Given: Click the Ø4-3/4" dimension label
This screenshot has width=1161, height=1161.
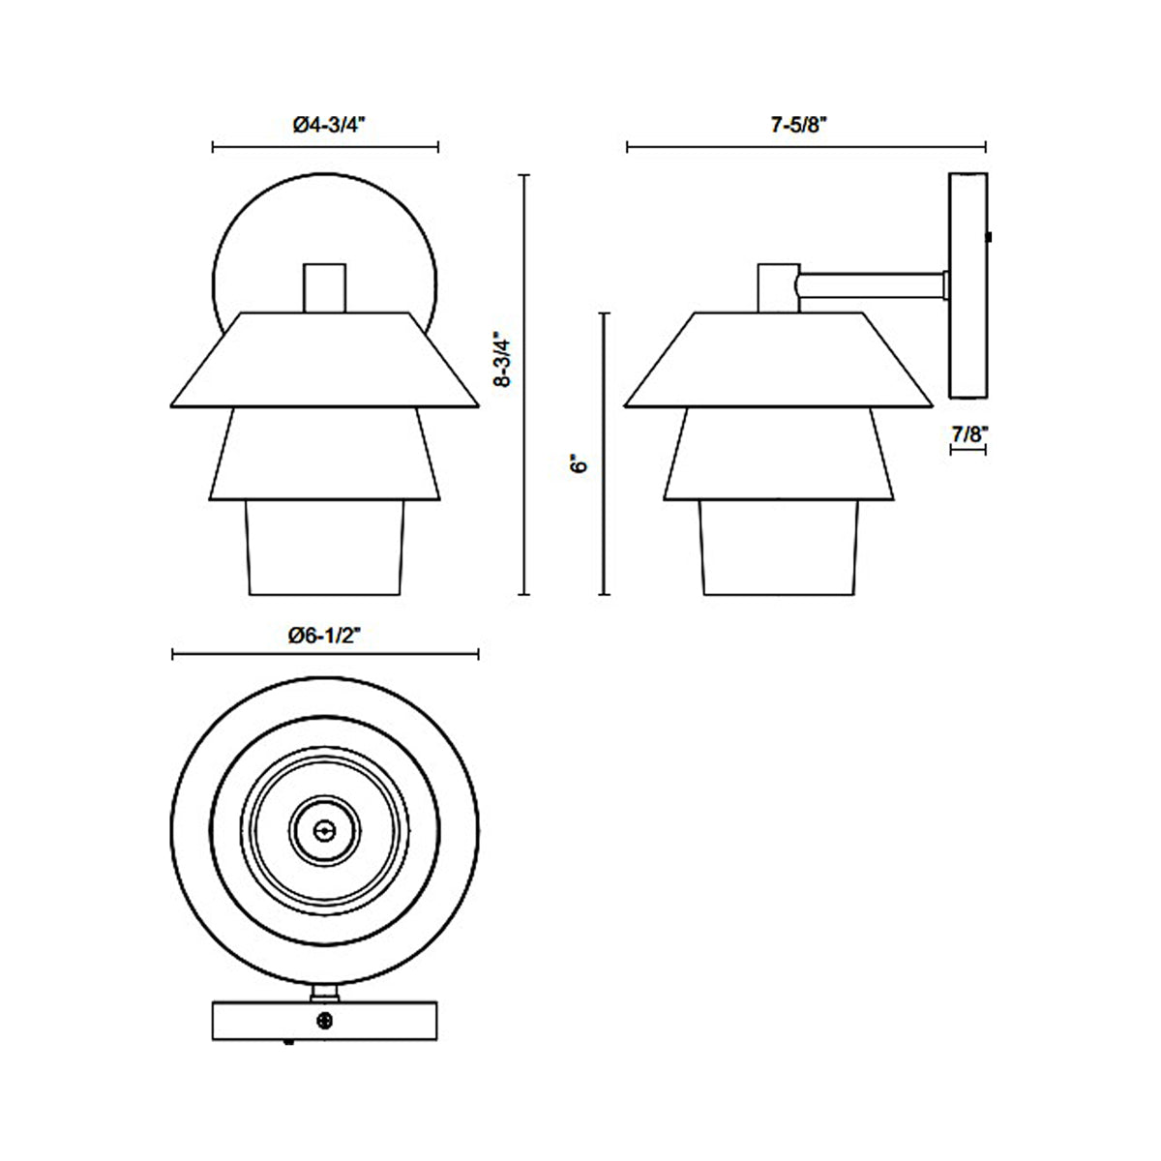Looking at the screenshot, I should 326,125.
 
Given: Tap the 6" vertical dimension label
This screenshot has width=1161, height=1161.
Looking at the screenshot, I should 580,463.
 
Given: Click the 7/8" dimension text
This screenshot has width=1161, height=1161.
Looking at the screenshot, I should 967,434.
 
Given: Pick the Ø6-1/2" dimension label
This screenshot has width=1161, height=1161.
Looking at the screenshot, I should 324,635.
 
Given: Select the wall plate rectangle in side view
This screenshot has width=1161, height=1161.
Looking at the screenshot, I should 968,286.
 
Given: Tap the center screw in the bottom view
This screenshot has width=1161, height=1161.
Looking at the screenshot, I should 325,828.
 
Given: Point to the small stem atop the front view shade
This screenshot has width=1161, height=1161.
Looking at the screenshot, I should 324,287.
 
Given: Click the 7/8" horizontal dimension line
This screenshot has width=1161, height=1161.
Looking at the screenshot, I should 967,452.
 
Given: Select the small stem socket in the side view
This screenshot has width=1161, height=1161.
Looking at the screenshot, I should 777,287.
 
